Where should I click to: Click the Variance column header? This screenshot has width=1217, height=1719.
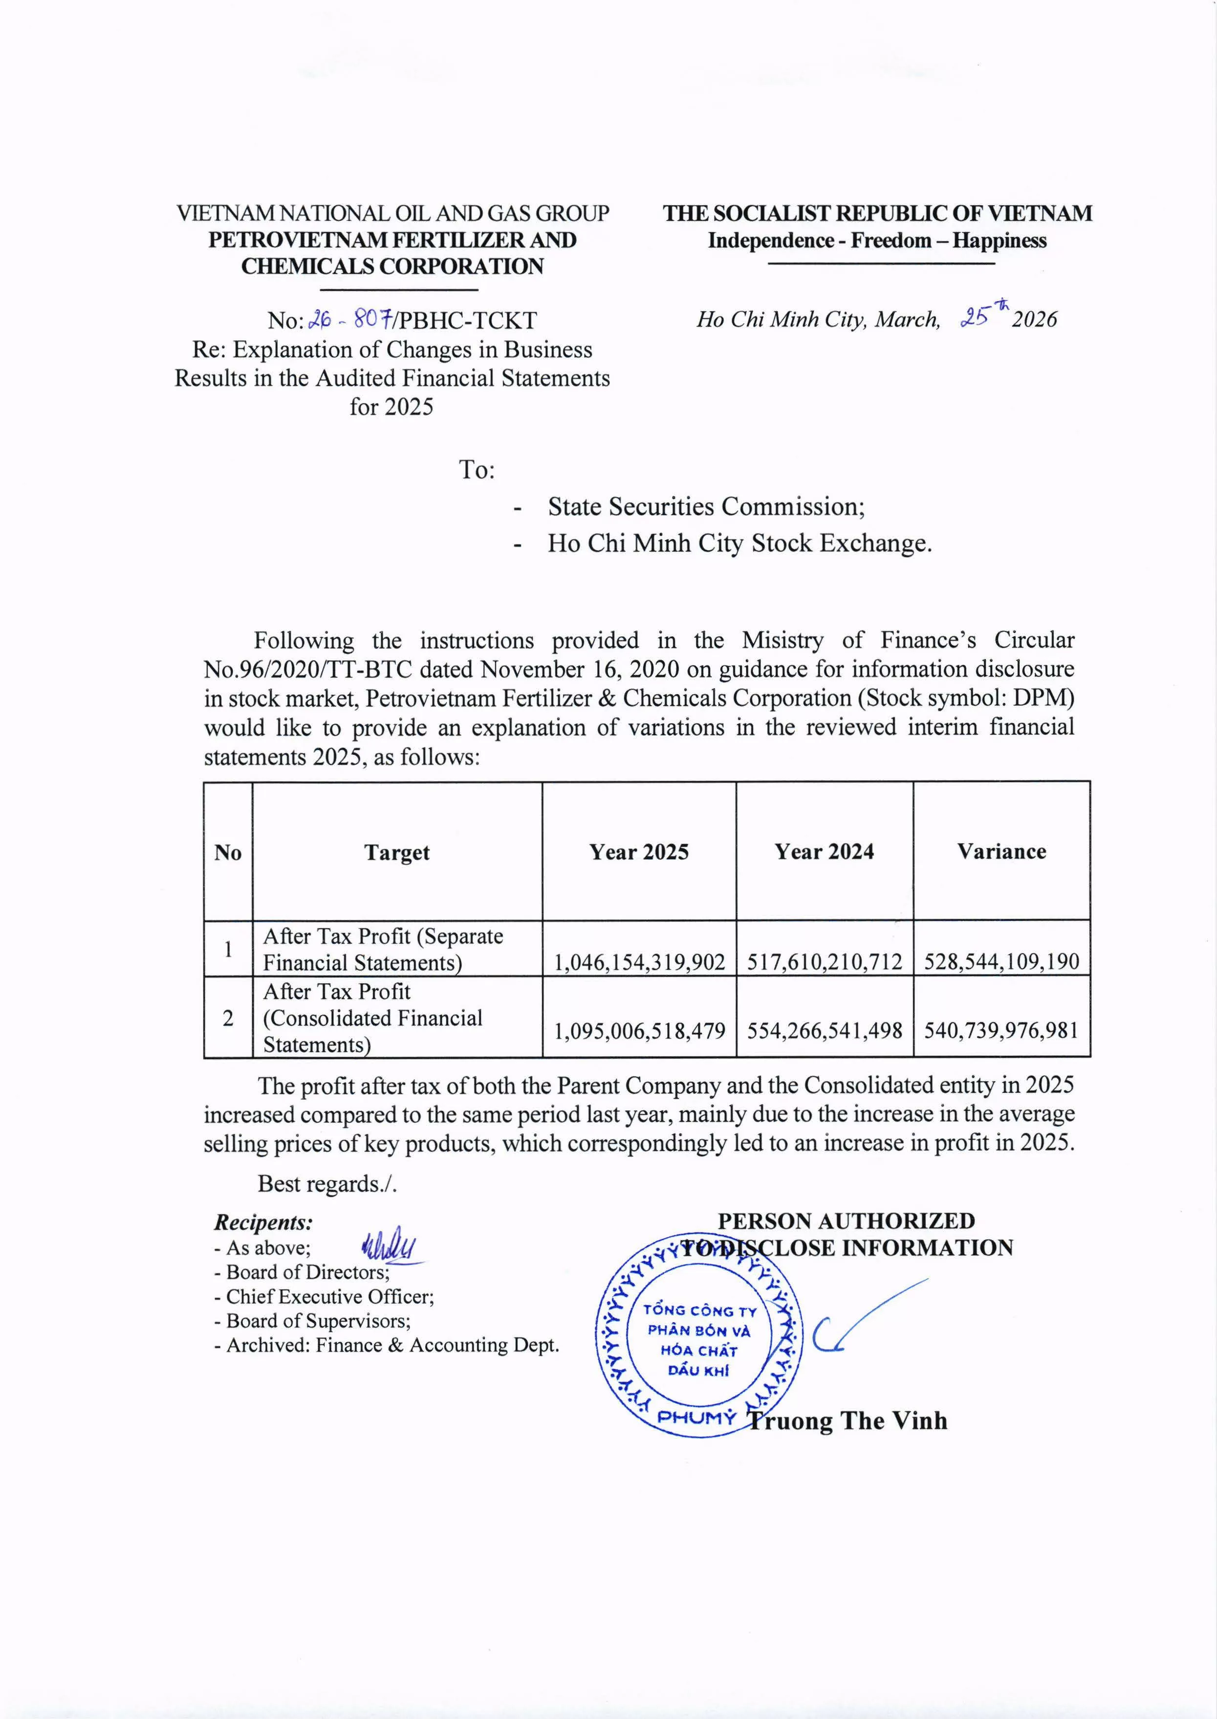[x=1001, y=851]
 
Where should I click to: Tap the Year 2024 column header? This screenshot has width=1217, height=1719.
[x=825, y=852]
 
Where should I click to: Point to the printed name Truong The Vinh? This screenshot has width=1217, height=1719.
[x=848, y=1421]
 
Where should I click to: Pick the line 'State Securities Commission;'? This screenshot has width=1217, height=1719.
[x=706, y=507]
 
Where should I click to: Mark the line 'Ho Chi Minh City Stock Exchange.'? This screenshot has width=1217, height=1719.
[x=739, y=544]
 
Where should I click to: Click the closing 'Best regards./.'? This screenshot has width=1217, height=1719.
[x=326, y=1184]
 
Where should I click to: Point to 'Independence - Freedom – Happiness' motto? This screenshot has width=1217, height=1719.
[x=877, y=240]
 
